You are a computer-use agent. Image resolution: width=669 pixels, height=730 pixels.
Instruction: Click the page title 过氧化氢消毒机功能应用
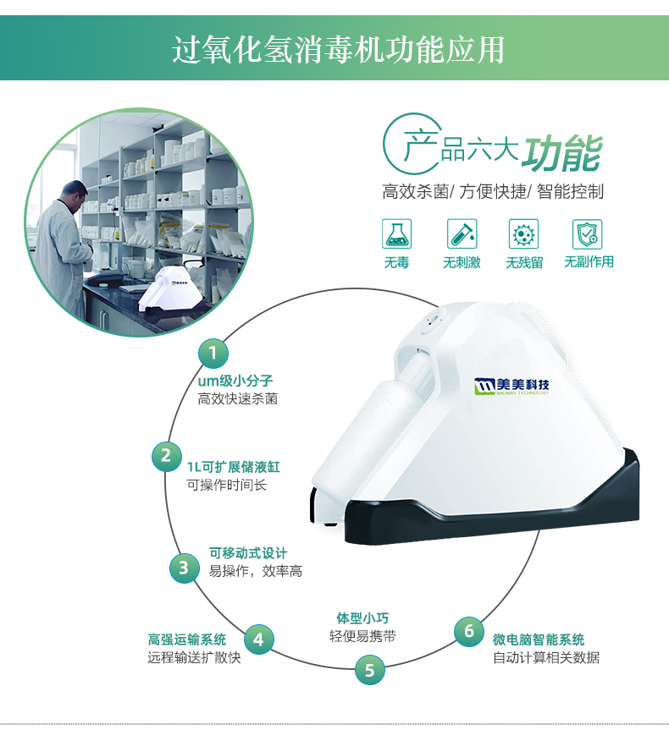tap(338, 48)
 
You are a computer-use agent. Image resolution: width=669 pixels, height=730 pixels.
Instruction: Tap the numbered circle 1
tap(213, 351)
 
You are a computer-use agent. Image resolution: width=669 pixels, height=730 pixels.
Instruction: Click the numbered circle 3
tap(184, 567)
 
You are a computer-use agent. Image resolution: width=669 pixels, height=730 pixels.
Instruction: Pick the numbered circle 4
tap(259, 639)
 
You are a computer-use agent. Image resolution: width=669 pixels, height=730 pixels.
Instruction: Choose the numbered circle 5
tap(369, 670)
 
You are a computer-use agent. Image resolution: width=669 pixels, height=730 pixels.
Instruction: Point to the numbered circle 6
tap(469, 630)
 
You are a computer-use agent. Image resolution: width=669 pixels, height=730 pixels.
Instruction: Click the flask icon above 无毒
tap(396, 233)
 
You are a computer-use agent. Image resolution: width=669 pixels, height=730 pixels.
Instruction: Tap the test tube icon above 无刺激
tap(462, 233)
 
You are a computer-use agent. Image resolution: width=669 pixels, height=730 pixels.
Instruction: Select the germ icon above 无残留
tap(524, 233)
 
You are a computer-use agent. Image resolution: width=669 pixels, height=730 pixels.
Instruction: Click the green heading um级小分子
tap(235, 381)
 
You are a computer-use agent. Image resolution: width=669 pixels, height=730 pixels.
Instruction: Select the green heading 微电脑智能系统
tap(539, 639)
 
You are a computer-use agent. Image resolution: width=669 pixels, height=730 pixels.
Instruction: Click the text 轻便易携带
tap(362, 636)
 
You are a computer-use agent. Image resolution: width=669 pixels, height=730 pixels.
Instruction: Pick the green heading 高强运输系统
tap(187, 639)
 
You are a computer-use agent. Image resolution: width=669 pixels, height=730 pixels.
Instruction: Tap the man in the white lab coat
tap(64, 241)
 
